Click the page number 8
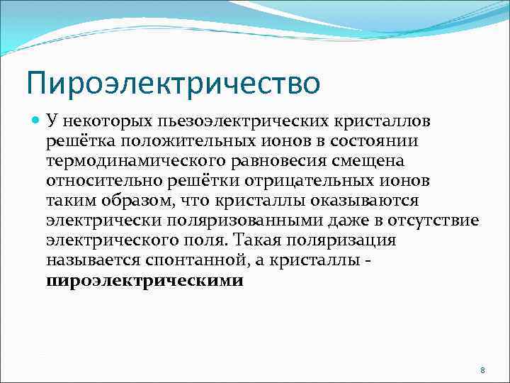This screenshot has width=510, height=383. pos(482,371)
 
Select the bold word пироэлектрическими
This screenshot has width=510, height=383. pos(144,281)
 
